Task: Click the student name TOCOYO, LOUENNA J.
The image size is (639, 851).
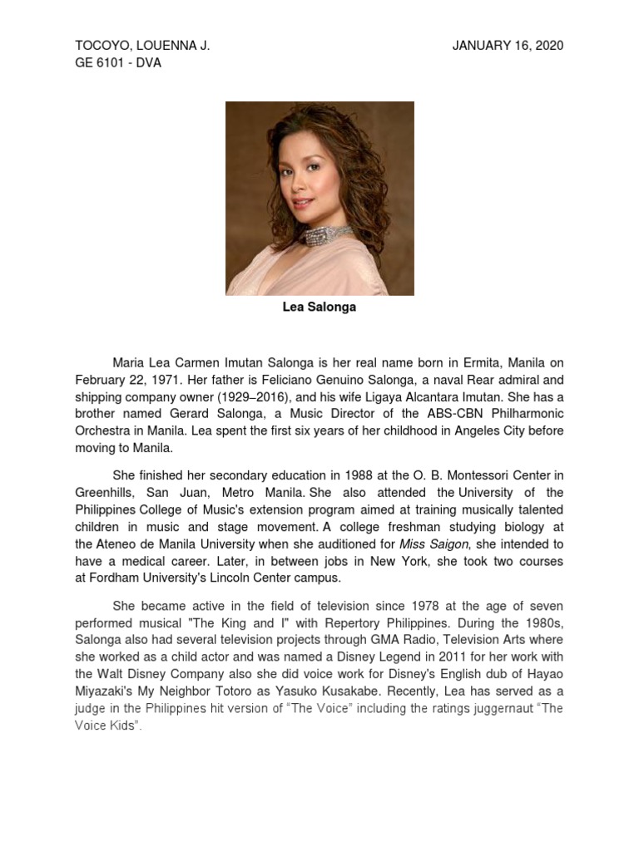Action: point(142,46)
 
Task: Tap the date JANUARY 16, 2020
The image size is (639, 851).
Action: point(508,46)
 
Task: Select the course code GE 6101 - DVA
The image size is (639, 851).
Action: point(118,63)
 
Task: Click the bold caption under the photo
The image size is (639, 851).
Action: point(319,307)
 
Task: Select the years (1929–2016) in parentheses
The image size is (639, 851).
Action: point(250,397)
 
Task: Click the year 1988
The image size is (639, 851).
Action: point(333,475)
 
